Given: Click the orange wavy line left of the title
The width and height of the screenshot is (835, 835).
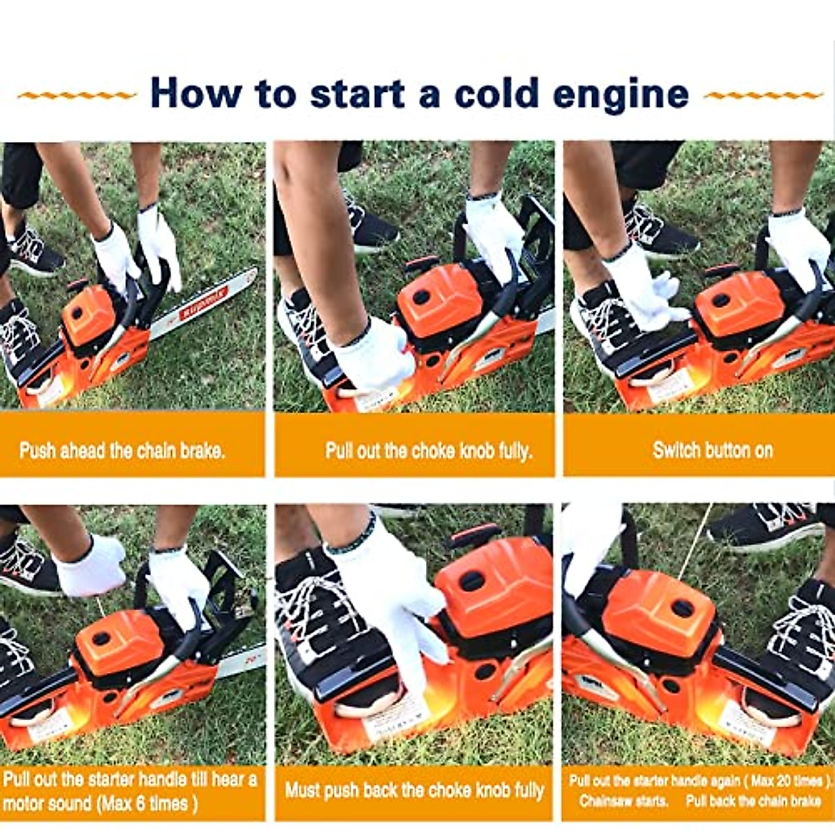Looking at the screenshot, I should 77,95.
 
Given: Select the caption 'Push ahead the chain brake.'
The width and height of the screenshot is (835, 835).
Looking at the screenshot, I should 122,450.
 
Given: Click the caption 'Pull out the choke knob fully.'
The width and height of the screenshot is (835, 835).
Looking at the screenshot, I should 428,450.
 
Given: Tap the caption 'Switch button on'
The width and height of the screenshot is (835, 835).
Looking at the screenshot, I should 713,450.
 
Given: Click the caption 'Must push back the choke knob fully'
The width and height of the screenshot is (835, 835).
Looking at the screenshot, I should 414,790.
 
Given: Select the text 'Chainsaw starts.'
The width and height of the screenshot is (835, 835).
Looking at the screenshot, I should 623,801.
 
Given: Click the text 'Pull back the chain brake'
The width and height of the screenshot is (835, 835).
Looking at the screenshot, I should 753,801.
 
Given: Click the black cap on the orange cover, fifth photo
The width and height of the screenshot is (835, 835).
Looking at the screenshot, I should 472,580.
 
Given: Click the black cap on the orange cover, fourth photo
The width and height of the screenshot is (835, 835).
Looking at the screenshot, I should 102,638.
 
